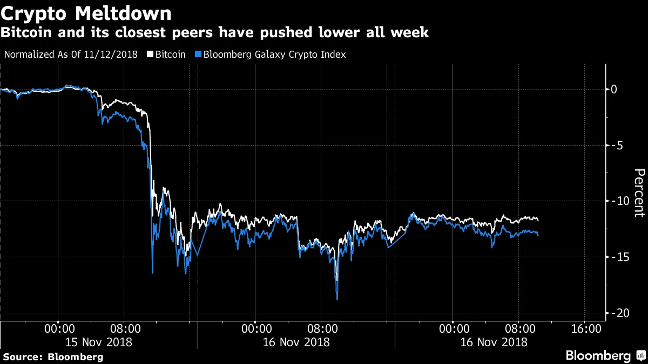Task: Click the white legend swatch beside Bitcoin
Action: point(151,54)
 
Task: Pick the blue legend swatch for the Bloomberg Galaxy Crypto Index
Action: point(198,54)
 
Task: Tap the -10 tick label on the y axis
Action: point(617,201)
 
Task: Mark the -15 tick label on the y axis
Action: point(617,257)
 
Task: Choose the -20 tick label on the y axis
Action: point(617,313)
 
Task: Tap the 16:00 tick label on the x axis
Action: point(585,328)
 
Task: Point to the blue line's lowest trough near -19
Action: point(337,299)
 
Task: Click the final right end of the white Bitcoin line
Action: point(538,219)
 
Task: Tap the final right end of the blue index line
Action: point(538,235)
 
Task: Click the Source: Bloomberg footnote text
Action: point(53,357)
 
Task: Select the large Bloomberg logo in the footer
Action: point(598,356)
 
